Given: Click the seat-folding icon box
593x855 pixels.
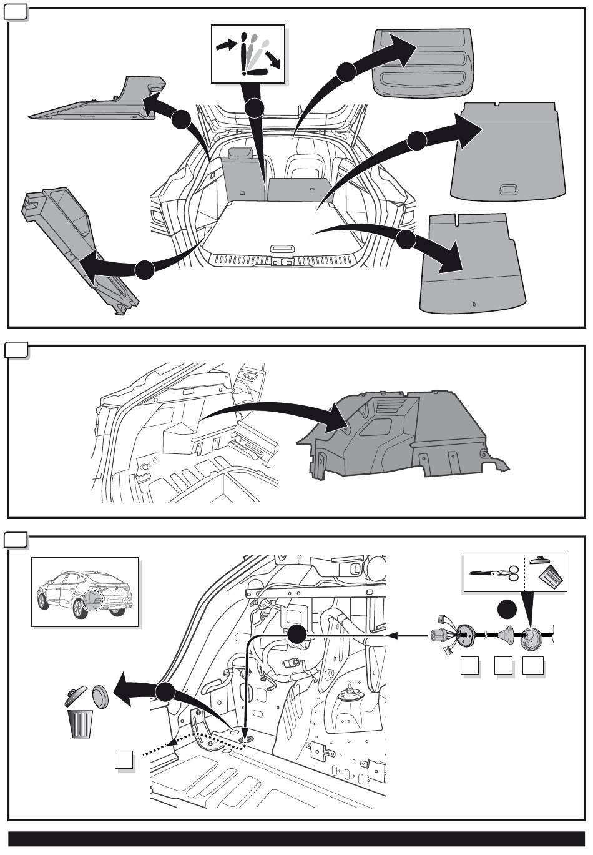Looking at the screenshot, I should [248, 54].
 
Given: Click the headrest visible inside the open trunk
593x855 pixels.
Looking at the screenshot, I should [241, 152].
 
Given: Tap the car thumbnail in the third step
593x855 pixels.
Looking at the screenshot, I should [85, 591].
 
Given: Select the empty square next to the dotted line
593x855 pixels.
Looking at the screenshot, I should [124, 760].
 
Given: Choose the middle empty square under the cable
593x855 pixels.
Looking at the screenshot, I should [502, 666].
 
